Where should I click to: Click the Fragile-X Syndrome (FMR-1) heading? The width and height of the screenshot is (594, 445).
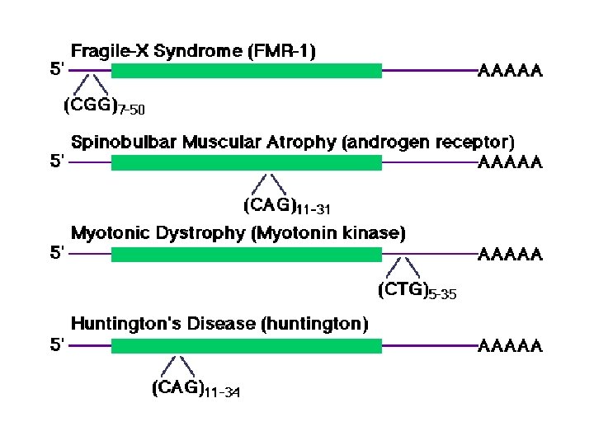click(x=194, y=51)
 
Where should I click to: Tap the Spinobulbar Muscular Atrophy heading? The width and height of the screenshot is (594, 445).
click(x=292, y=142)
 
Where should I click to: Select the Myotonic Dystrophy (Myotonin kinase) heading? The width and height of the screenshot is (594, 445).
click(x=238, y=233)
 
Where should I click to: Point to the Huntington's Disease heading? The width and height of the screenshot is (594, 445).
click(x=219, y=324)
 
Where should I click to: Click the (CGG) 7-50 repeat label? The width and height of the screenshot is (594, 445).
click(x=104, y=105)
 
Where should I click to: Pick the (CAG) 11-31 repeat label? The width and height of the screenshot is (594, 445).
click(x=286, y=204)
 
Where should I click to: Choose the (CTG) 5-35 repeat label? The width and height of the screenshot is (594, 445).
click(x=417, y=290)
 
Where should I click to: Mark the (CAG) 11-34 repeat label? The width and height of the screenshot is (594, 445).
click(x=196, y=388)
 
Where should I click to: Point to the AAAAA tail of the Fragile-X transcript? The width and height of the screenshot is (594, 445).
click(x=511, y=72)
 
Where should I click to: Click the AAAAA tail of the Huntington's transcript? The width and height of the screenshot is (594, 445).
click(x=511, y=346)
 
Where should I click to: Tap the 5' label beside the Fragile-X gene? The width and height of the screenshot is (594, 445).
click(x=58, y=71)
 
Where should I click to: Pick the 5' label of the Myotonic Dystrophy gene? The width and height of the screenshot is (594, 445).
click(x=58, y=254)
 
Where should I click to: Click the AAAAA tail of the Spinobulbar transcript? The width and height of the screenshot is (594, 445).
click(x=511, y=162)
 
